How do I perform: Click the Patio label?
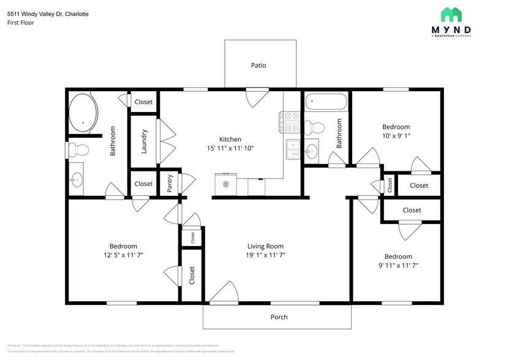258,65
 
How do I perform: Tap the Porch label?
279,317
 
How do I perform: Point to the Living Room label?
265,246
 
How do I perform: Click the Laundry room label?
144,140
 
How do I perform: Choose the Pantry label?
170,184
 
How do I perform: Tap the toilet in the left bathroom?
78,149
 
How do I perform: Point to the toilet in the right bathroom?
314,127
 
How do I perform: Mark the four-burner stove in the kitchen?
290,122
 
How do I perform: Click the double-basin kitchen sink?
293,149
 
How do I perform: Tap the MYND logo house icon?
451,15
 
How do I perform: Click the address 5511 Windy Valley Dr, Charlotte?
48,13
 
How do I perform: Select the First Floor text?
21,23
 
